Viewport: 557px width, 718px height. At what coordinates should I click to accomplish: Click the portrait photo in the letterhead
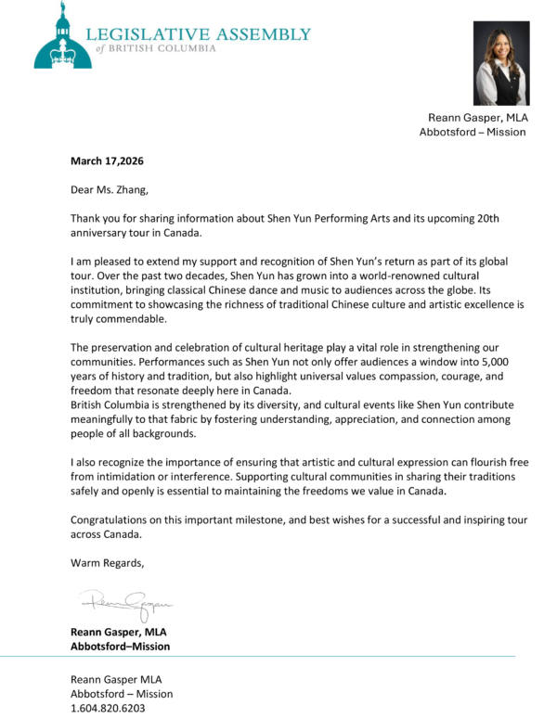click(500, 63)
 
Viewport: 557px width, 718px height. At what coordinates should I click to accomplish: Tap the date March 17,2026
click(107, 160)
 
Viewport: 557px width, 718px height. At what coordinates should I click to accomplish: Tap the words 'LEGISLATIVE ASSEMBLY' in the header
click(199, 34)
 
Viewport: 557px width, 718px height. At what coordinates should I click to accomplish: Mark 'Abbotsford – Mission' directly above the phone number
click(122, 693)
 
